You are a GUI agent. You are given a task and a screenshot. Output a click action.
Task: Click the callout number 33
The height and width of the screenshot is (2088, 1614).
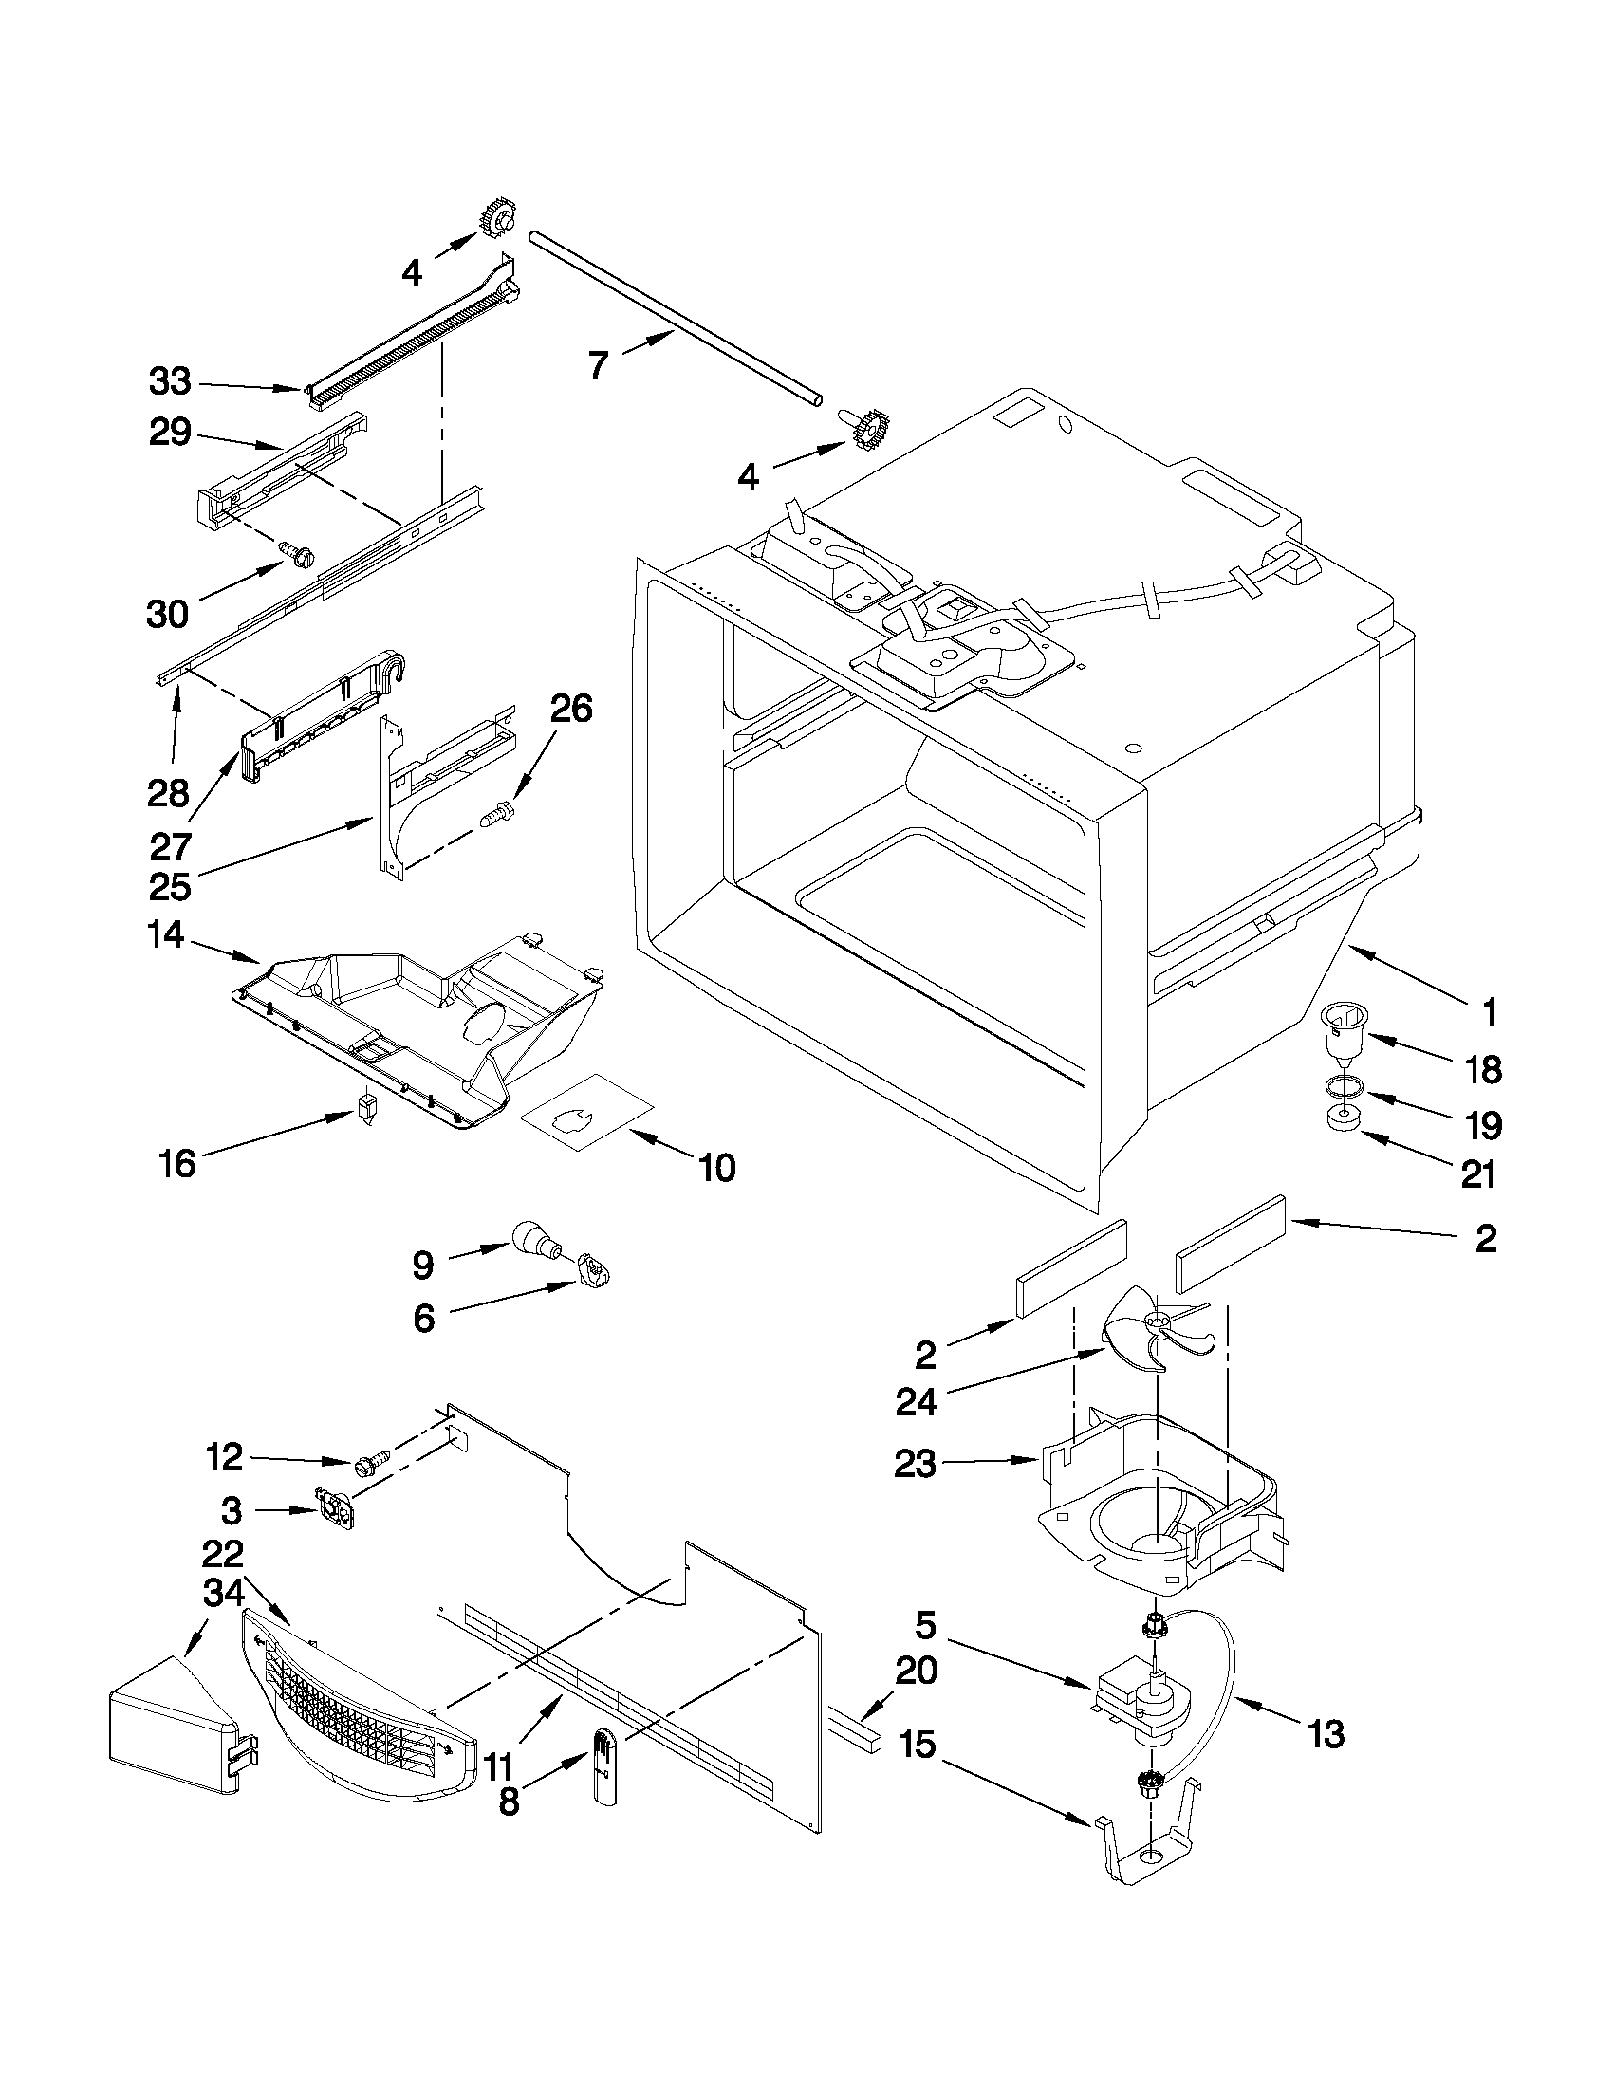click(170, 382)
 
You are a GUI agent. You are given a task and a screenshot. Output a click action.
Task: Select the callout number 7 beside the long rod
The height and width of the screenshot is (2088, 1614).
click(599, 364)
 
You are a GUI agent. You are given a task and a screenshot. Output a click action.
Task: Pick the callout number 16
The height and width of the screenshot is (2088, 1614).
click(178, 1163)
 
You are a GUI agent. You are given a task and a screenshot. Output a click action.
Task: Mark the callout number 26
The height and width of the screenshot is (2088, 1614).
click(571, 709)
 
